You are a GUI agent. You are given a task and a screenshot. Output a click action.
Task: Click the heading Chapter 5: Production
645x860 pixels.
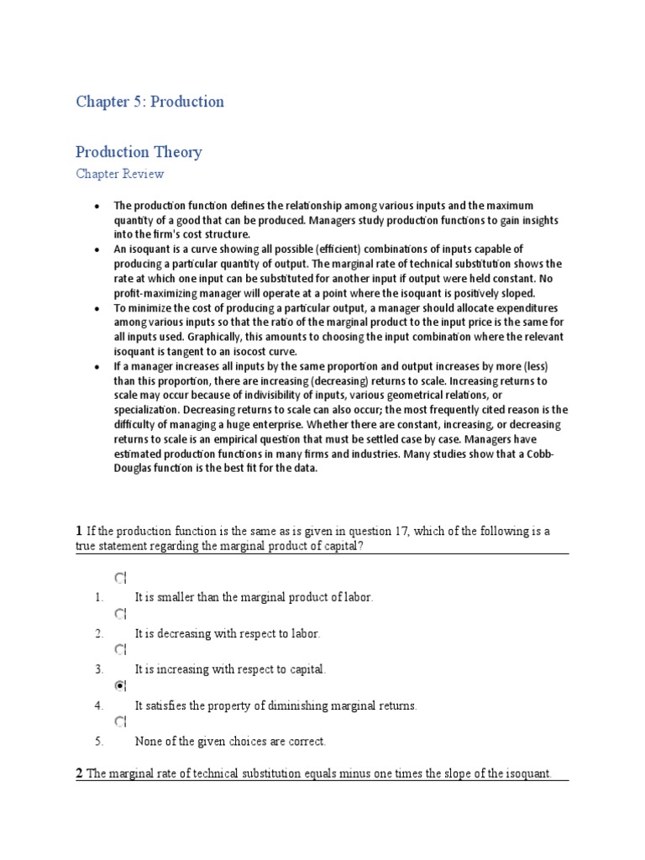coord(149,102)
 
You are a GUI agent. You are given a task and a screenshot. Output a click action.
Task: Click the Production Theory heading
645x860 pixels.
coord(139,152)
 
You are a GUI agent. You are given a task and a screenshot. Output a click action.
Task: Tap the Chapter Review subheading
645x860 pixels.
coord(119,175)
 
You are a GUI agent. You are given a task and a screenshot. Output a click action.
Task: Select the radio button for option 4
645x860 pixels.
coord(119,685)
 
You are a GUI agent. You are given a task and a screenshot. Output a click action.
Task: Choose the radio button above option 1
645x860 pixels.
coord(119,577)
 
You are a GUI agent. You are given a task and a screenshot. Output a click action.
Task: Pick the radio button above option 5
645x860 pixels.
coord(119,721)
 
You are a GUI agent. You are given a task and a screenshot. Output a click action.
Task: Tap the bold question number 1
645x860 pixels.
coord(79,531)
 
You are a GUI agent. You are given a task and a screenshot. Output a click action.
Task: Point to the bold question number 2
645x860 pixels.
coord(79,773)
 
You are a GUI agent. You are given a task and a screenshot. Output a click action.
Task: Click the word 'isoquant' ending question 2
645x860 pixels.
coord(527,773)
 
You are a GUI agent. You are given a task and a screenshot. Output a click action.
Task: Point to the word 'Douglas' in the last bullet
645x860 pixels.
coord(134,468)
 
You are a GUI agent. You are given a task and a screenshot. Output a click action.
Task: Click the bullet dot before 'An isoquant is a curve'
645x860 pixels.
coord(97,249)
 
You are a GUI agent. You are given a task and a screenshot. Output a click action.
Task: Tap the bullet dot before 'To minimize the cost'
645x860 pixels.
coord(97,308)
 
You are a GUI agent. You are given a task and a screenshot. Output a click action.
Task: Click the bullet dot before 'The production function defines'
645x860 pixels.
coord(97,206)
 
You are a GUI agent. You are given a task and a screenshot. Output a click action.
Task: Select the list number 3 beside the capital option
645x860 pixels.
coord(98,669)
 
